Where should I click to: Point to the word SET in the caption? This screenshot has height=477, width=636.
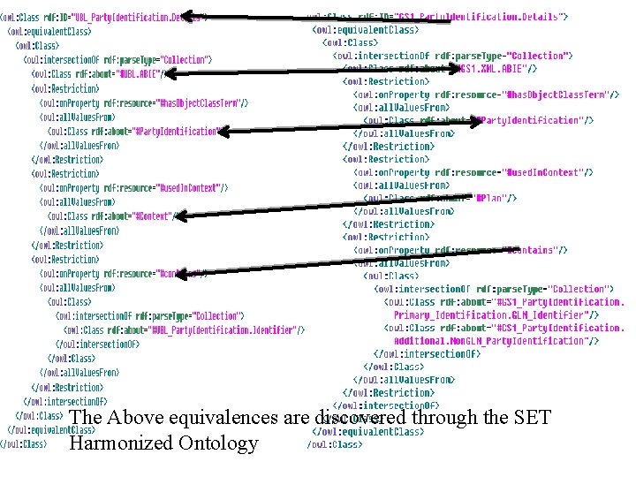coord(530,417)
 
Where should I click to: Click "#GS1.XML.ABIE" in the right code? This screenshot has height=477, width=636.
coord(496,68)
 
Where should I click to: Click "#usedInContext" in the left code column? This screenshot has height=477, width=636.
coord(189,188)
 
